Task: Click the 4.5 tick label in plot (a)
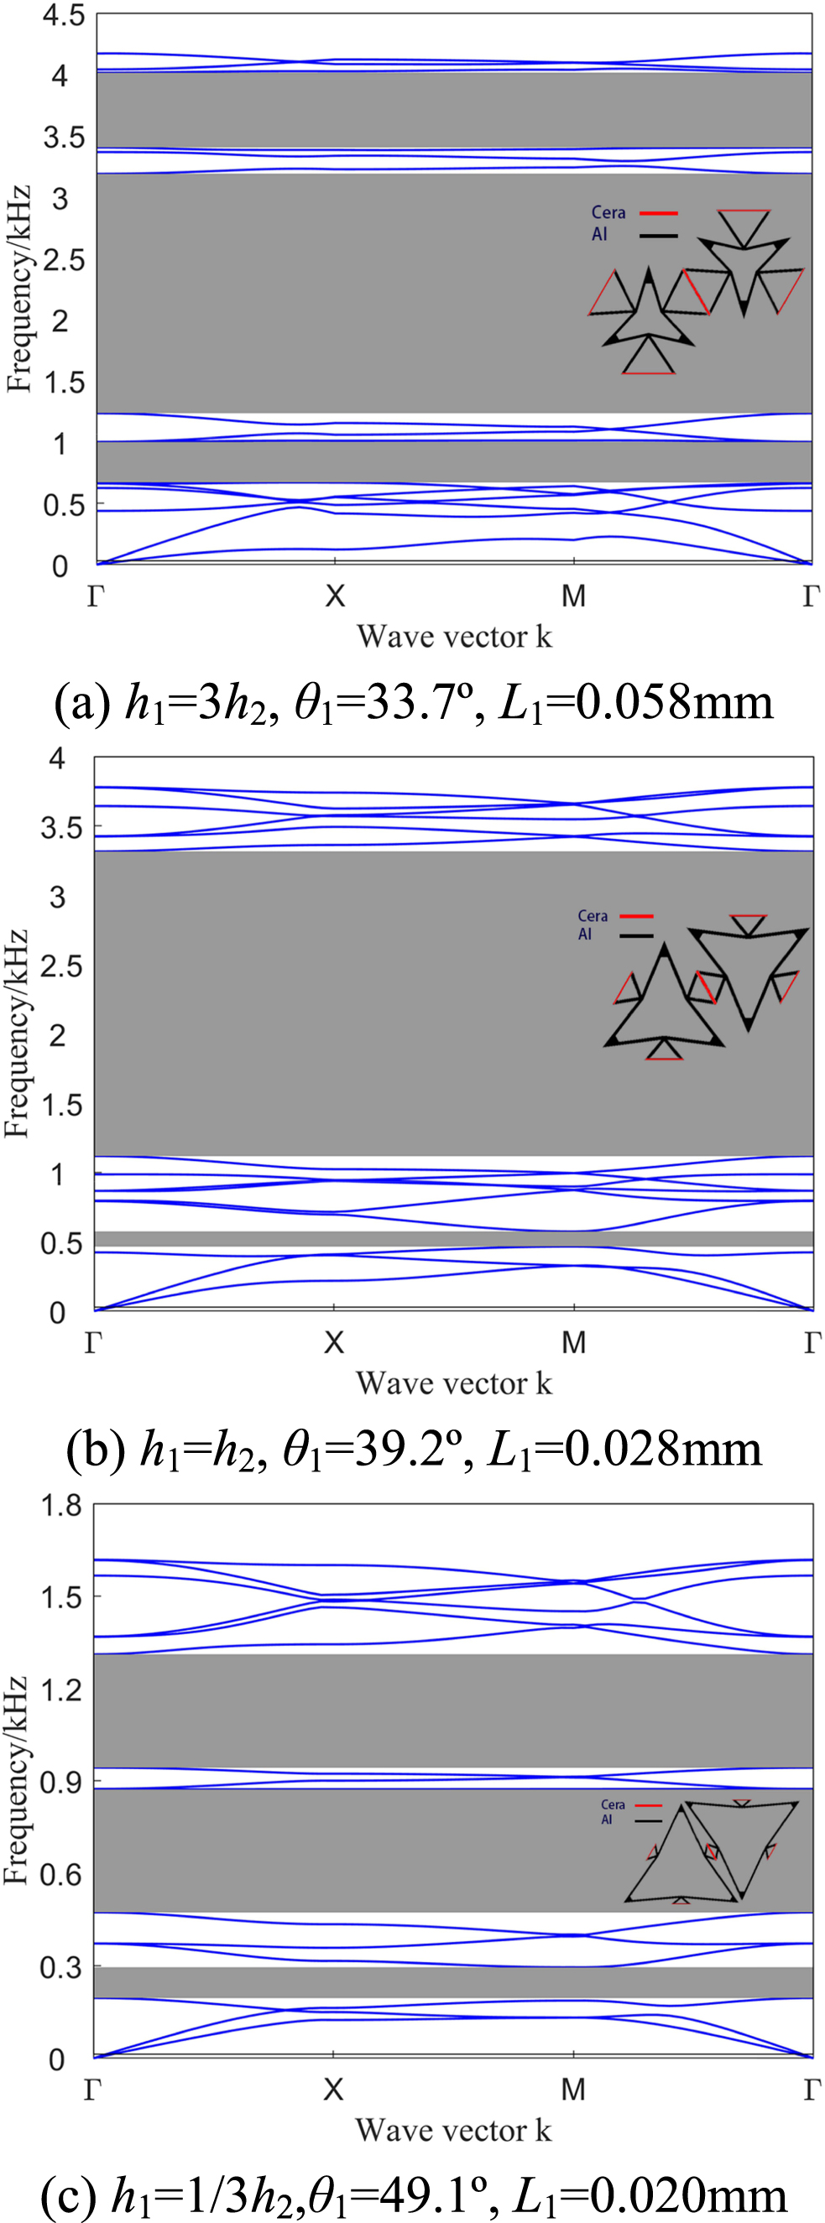tap(64, 16)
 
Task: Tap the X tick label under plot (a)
tap(335, 596)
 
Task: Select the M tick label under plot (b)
tap(574, 1342)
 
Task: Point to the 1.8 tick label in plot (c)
tap(61, 1505)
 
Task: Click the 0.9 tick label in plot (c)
tap(61, 1782)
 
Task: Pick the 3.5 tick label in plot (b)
tap(61, 829)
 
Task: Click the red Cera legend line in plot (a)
tap(659, 212)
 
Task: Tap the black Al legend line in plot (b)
tap(637, 934)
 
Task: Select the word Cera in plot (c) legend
tap(613, 1805)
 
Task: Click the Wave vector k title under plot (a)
tap(454, 637)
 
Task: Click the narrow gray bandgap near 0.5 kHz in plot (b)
tap(454, 1239)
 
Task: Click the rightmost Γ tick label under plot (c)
tap(812, 2089)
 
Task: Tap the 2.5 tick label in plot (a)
tap(64, 261)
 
